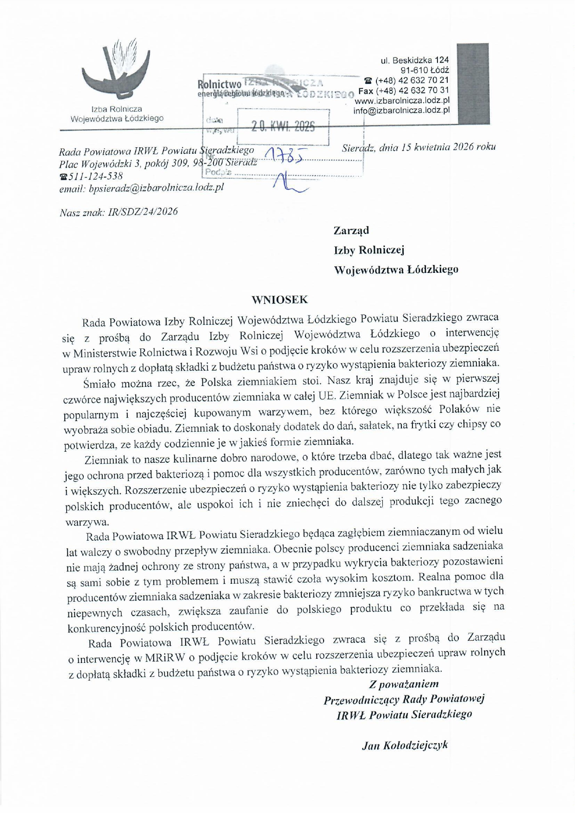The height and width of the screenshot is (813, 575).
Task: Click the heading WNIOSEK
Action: click(x=280, y=300)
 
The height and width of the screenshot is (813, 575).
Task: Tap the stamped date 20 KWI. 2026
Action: click(x=282, y=126)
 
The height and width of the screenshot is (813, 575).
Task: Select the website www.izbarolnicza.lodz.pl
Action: click(x=402, y=101)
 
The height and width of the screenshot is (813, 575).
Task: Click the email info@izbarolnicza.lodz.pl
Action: click(x=401, y=110)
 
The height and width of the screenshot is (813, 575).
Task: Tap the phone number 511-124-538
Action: click(x=95, y=176)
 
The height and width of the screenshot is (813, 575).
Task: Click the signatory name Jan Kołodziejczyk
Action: click(x=405, y=745)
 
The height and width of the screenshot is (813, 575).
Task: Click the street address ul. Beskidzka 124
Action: click(x=414, y=60)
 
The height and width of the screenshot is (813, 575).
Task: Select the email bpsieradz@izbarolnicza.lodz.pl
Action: click(x=156, y=188)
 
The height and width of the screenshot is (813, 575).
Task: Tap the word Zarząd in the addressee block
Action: click(x=351, y=230)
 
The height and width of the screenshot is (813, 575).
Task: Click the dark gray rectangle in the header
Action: click(x=473, y=83)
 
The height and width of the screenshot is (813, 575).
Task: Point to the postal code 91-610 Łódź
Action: click(x=425, y=70)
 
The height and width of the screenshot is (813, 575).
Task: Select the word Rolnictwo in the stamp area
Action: click(x=219, y=84)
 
